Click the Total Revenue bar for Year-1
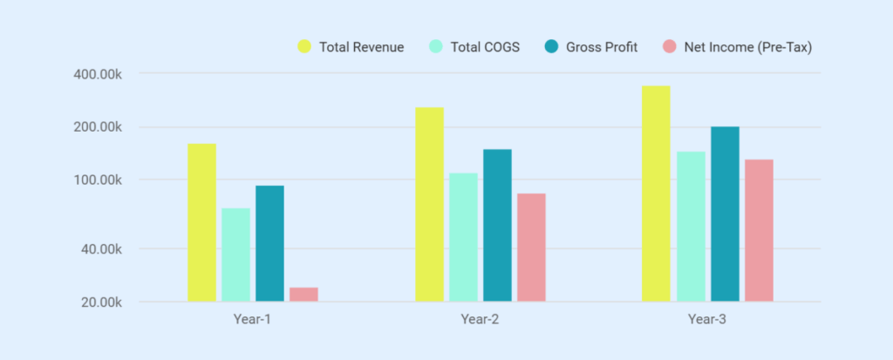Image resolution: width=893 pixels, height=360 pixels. click(x=201, y=222)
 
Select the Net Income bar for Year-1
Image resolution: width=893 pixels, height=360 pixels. click(x=303, y=295)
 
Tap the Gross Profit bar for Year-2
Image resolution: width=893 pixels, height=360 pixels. click(x=497, y=225)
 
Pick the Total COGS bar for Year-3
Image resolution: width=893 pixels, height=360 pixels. click(x=691, y=227)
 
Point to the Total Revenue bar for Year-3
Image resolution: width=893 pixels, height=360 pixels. click(x=657, y=194)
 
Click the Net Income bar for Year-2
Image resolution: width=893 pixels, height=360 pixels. click(x=531, y=248)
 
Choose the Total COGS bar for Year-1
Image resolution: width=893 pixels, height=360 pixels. click(x=235, y=255)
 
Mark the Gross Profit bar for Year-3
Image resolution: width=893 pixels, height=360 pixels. click(x=725, y=214)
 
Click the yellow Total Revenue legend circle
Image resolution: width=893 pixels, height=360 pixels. click(x=304, y=46)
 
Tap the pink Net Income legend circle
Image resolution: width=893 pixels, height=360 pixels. click(x=669, y=46)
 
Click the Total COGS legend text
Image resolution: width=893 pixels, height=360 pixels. click(x=484, y=47)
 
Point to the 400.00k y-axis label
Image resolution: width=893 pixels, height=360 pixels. click(x=97, y=73)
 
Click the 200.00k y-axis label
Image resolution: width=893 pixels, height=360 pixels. click(x=97, y=127)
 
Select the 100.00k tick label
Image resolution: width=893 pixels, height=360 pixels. click(x=97, y=180)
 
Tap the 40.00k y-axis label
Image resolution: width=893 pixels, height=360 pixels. click(x=100, y=249)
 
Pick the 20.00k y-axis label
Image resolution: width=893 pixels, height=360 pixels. click(x=100, y=302)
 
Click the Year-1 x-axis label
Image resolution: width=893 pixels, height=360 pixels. click(x=252, y=319)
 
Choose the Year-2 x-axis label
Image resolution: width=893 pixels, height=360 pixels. click(x=480, y=319)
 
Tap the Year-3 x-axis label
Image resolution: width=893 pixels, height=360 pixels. click(x=707, y=319)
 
